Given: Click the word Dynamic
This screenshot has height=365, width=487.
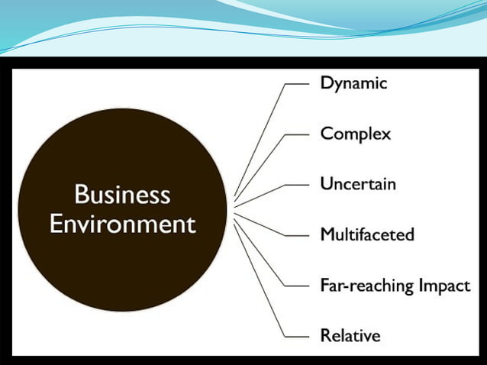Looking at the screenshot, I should (353, 83).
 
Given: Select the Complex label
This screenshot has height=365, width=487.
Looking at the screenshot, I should (355, 134).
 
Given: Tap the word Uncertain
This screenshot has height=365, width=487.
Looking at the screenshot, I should (357, 184).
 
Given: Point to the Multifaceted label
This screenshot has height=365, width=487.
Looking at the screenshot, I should (366, 234).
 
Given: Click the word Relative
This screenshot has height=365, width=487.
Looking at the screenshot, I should (350, 334).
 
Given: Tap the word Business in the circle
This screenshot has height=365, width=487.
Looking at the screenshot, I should (122, 195).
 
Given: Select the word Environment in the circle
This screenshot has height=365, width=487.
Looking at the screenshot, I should (122, 224).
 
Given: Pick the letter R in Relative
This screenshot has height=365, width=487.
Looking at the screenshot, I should (325, 334).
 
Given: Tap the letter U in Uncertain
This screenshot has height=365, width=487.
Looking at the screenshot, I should (326, 184).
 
